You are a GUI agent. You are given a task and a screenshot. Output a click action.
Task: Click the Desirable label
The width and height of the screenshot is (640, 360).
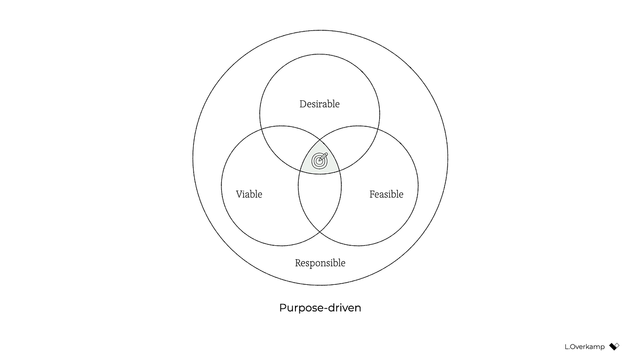tap(319, 104)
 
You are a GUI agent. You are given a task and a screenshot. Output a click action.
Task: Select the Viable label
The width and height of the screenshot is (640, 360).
tap(249, 194)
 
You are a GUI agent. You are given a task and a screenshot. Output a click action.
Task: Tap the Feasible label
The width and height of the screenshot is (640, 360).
tap(386, 194)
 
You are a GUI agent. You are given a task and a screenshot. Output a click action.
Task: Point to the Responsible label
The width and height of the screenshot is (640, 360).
tap(320, 263)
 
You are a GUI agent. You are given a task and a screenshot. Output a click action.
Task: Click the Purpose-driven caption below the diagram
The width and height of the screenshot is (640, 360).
tap(320, 308)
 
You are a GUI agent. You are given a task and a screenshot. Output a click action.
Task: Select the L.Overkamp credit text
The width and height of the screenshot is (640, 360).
tap(585, 347)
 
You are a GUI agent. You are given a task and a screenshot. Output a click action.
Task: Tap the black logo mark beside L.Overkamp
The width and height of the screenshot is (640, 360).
tap(614, 346)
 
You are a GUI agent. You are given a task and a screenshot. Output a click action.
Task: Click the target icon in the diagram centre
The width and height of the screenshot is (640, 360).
tap(319, 159)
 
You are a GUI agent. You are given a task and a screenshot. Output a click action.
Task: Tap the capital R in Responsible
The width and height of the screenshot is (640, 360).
tap(298, 263)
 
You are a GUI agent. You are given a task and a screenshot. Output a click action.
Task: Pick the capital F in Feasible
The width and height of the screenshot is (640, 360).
tap(372, 194)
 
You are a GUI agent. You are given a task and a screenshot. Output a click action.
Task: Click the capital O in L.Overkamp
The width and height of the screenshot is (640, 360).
tap(571, 347)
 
